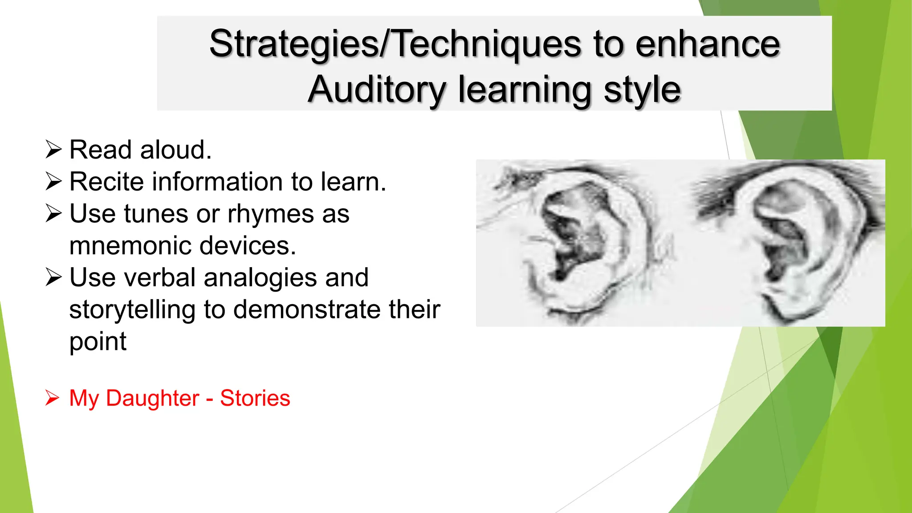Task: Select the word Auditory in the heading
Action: [376, 90]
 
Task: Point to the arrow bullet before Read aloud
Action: [53, 150]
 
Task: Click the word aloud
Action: [175, 150]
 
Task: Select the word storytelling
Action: [132, 310]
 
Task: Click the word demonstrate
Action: [307, 310]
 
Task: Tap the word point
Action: [98, 342]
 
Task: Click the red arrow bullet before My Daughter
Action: [52, 398]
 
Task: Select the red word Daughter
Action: [152, 398]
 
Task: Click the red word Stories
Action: [255, 398]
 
